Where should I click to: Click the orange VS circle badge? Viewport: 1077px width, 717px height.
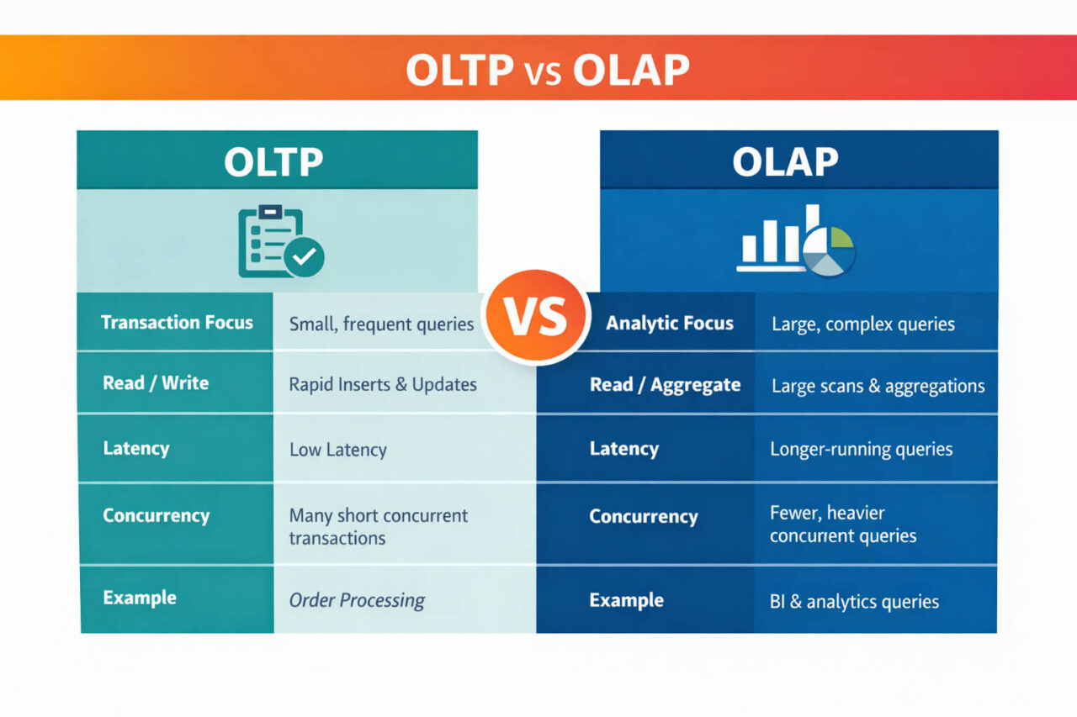pos(536,316)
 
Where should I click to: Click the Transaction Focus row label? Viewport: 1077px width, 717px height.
pos(177,323)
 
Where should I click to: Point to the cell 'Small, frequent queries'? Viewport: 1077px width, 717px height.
pos(381,324)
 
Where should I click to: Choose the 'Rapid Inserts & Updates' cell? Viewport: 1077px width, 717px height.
pos(383,384)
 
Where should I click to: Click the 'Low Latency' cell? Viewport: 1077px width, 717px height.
pos(338,450)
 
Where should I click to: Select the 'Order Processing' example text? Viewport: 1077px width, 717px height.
pos(357,600)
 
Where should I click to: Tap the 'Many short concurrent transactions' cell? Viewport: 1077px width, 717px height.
pos(378,526)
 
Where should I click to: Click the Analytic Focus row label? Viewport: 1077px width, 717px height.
pos(670,324)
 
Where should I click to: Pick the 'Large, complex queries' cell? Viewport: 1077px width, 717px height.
pos(862,324)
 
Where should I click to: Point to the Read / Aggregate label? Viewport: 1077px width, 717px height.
pos(665,385)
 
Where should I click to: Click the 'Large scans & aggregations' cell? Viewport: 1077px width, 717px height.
pos(878,387)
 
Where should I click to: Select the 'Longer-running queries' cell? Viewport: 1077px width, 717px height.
pos(861,450)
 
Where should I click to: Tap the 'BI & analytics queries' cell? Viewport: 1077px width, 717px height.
pos(854,602)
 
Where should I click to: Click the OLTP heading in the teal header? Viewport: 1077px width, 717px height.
pos(273,162)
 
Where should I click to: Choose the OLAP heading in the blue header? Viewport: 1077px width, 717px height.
pos(785,162)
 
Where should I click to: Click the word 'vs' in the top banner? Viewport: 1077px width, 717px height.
pos(543,72)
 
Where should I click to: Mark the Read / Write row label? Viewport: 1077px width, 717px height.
pos(156,383)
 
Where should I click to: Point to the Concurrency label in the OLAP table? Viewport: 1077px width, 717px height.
pos(643,517)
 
